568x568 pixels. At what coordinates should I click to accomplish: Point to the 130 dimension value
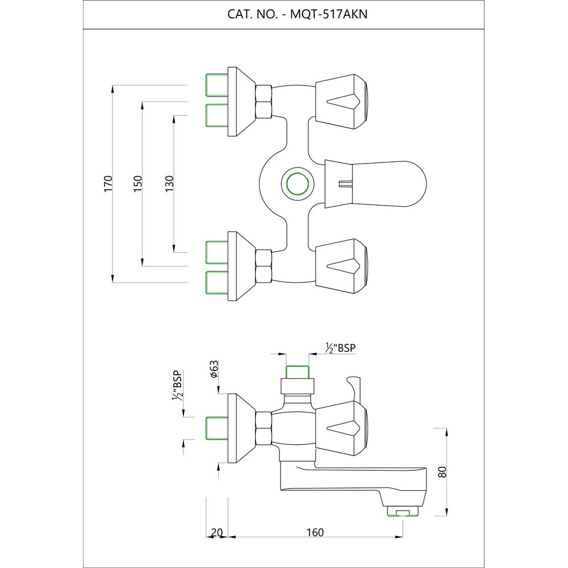169,183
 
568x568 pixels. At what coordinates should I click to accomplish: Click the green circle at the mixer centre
295,183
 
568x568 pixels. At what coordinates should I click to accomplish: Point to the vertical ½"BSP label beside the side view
177,386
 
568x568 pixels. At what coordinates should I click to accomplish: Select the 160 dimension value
315,532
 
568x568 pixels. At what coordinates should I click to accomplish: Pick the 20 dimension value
216,532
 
